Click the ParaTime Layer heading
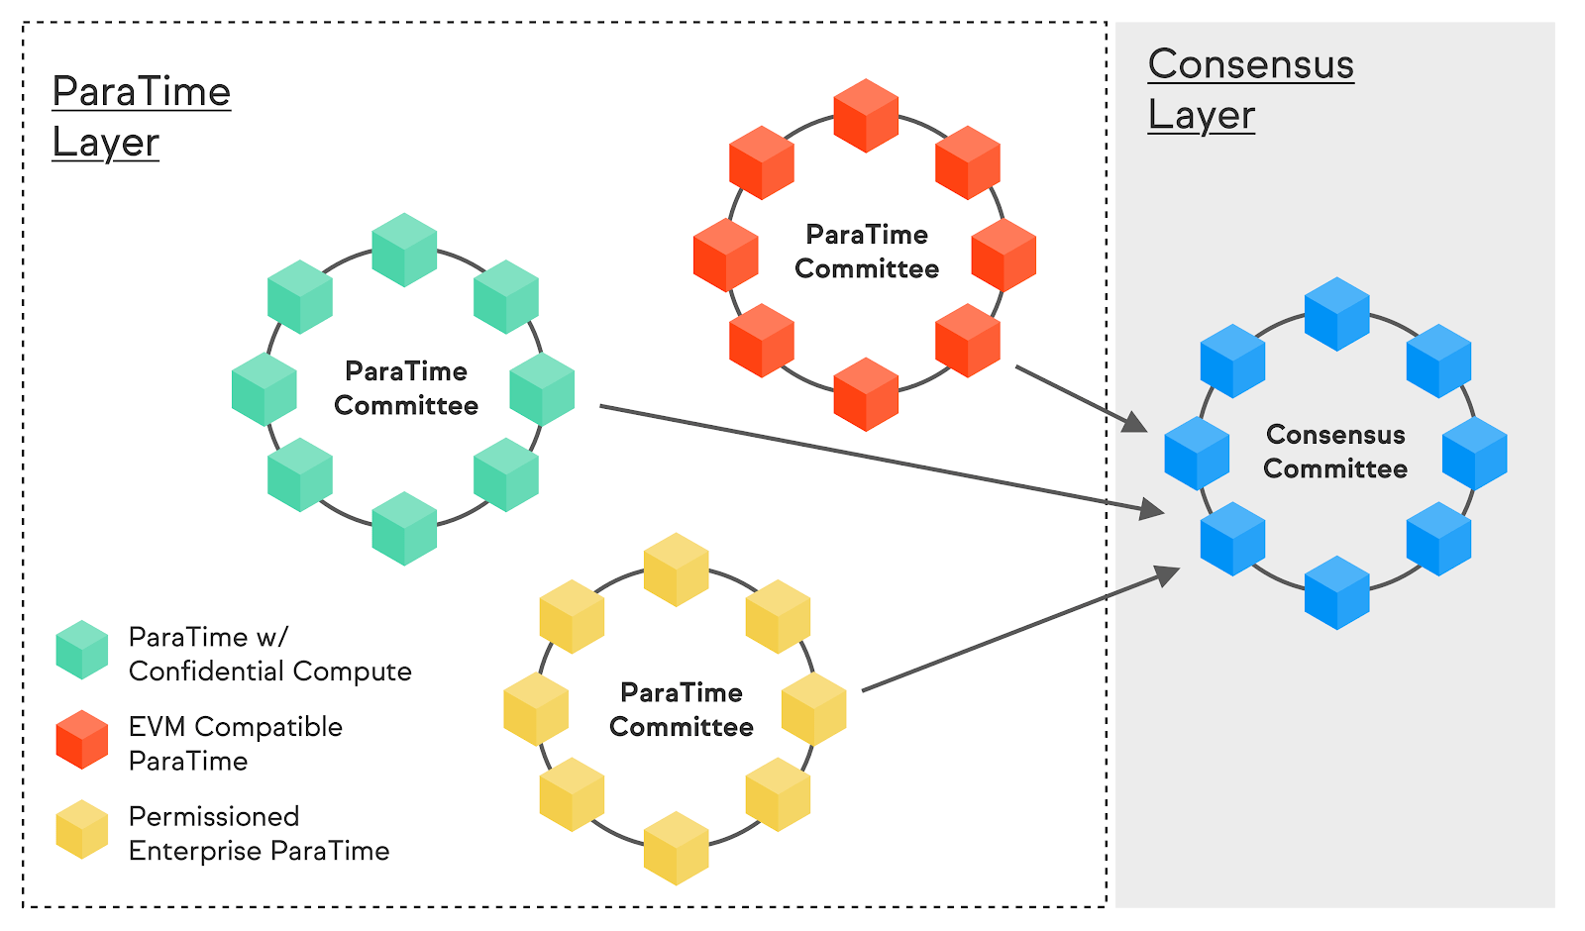tap(141, 117)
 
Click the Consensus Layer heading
tap(1250, 90)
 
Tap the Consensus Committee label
tap(1335, 452)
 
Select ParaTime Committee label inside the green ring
tap(406, 388)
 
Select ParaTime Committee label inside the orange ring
tap(867, 252)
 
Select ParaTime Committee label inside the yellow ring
tap(682, 709)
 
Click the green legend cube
tap(82, 650)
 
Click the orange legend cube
tap(82, 740)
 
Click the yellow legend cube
tap(82, 830)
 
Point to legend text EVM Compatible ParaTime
tap(236, 744)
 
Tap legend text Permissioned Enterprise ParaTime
tap(259, 834)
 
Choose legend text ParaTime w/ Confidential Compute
tap(269, 654)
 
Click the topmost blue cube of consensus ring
tap(1336, 314)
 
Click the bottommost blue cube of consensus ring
tap(1336, 592)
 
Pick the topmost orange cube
tap(866, 116)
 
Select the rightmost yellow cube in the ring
tap(814, 709)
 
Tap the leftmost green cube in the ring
tap(264, 389)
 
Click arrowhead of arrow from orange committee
tap(1137, 425)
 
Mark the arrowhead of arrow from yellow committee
tap(1169, 573)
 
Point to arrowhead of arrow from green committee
tap(1153, 510)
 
